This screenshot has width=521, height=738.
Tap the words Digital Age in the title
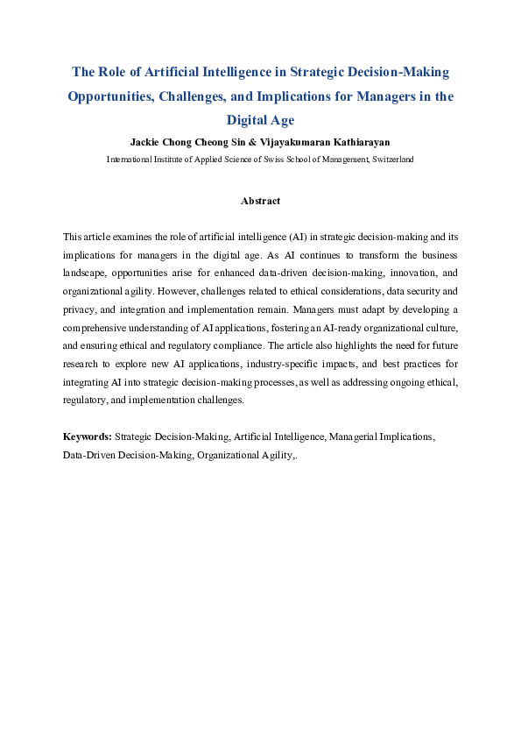click(x=260, y=120)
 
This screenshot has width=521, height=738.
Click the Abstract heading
click(x=260, y=201)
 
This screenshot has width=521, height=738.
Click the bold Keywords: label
click(x=87, y=436)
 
